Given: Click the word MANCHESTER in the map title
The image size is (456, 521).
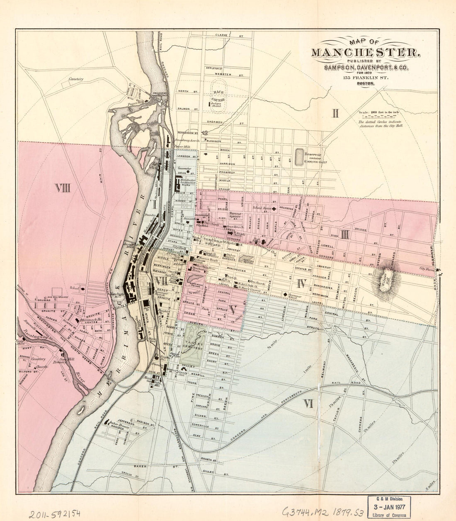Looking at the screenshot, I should tap(365, 52).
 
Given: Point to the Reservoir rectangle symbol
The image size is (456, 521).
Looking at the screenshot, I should tap(299, 157).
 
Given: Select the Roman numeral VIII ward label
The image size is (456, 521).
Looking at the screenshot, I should tap(63, 189).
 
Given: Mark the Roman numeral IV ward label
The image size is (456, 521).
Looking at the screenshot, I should tap(301, 284).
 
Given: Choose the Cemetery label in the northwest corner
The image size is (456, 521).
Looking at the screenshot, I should tap(76, 79).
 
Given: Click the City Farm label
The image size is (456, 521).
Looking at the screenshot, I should tap(427, 269).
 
